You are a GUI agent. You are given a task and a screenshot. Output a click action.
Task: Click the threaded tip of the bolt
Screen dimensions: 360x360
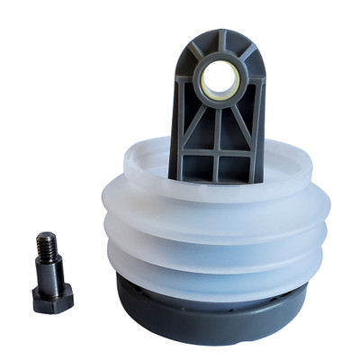point(44,245)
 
